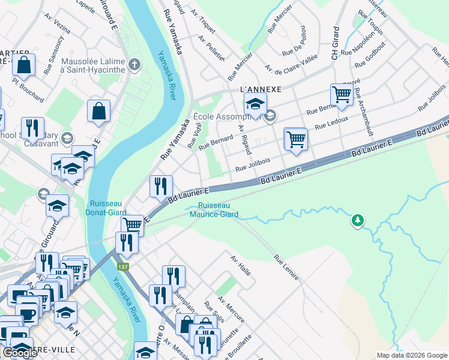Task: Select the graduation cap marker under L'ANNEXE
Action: tap(255, 104)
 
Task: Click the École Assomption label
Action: tap(228, 116)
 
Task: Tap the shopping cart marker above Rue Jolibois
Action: tap(295, 140)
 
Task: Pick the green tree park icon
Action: tap(358, 221)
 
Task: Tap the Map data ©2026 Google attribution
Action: tap(412, 355)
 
